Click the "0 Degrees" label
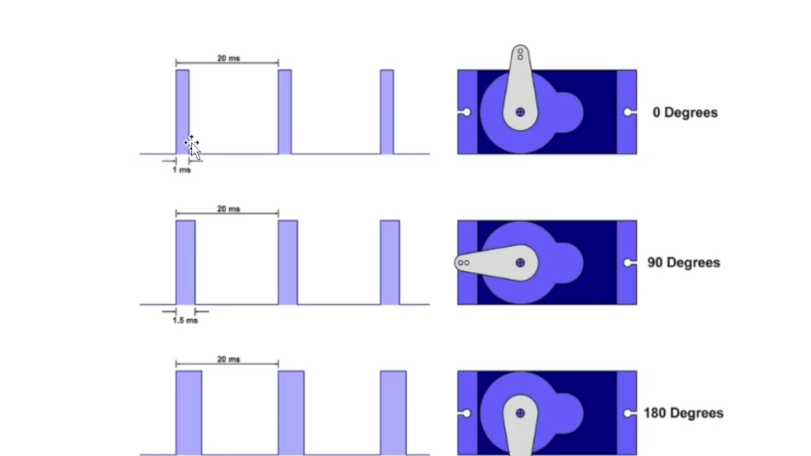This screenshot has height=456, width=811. pos(685,113)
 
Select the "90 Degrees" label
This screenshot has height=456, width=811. pos(683,263)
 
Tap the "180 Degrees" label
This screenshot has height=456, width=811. pos(683,413)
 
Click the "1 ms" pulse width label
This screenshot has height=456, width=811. pos(181,170)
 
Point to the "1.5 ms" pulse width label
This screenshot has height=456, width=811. pos(185,320)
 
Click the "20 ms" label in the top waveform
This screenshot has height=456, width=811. pos(228,58)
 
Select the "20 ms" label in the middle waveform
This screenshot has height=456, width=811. pos(228,209)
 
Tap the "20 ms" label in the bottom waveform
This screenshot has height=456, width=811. pos(228,359)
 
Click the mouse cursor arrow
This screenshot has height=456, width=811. pos(193,148)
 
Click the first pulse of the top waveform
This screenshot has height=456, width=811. pos(182,111)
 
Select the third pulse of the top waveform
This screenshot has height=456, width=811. pos(386,111)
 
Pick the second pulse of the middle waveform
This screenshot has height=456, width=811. pos(288,262)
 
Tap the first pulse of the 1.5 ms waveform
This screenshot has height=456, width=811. pos(186,262)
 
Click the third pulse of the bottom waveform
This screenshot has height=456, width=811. pos(393,412)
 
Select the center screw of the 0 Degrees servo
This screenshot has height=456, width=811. pos(520,112)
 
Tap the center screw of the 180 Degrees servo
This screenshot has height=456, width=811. pos(520,413)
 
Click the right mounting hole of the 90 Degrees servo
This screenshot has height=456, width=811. pos(628,263)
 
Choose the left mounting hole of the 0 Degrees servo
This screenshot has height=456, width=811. pos(466,112)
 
